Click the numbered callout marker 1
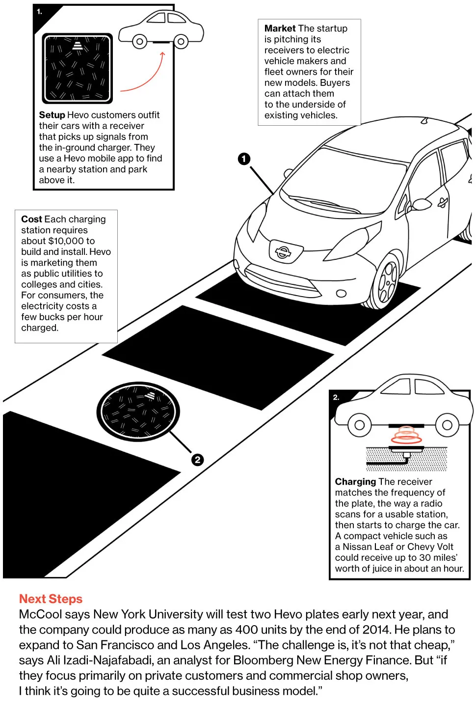[244, 159]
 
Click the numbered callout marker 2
[197, 460]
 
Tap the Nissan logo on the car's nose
[283, 252]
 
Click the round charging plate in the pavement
[138, 411]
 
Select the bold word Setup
[52, 115]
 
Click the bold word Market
[280, 28]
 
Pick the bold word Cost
[31, 219]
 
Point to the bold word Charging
[355, 482]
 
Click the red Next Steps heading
[51, 599]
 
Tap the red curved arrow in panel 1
[147, 79]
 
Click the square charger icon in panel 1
[77, 68]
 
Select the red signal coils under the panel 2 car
[406, 435]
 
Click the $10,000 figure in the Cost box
[66, 241]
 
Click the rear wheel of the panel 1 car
[181, 42]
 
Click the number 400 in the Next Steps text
[247, 630]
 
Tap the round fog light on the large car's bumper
[341, 294]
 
